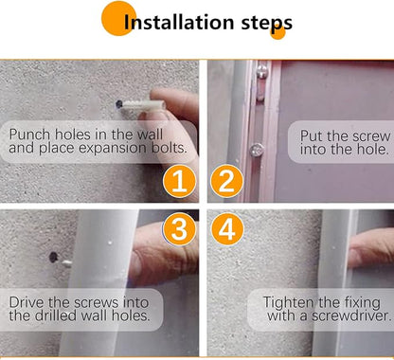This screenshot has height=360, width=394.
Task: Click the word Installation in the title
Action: pyautogui.click(x=179, y=22)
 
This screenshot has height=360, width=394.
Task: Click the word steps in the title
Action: pyautogui.click(x=267, y=24)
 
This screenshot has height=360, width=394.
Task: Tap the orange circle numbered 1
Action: pyautogui.click(x=179, y=181)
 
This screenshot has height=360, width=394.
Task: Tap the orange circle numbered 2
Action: pyautogui.click(x=226, y=181)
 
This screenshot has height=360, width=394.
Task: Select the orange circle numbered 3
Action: pyautogui.click(x=179, y=228)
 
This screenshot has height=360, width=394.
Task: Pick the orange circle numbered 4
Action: pyautogui.click(x=226, y=228)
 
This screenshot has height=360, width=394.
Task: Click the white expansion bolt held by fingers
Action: pyautogui.click(x=144, y=105)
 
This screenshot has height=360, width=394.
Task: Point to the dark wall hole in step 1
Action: pyautogui.click(x=119, y=104)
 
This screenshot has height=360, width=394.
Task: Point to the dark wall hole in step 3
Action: pyautogui.click(x=53, y=258)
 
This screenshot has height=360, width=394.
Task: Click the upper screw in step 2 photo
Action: pyautogui.click(x=261, y=72)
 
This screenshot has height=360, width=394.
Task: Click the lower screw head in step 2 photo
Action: pyautogui.click(x=257, y=150)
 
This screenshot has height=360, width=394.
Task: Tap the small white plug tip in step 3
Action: pyautogui.click(x=66, y=263)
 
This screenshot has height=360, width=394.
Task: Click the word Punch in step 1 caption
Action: pyautogui.click(x=29, y=135)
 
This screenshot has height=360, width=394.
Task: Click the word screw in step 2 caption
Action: pyautogui.click(x=372, y=136)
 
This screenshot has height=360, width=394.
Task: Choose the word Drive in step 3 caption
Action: pyautogui.click(x=27, y=302)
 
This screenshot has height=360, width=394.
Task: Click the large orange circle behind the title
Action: pyautogui.click(x=118, y=18)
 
